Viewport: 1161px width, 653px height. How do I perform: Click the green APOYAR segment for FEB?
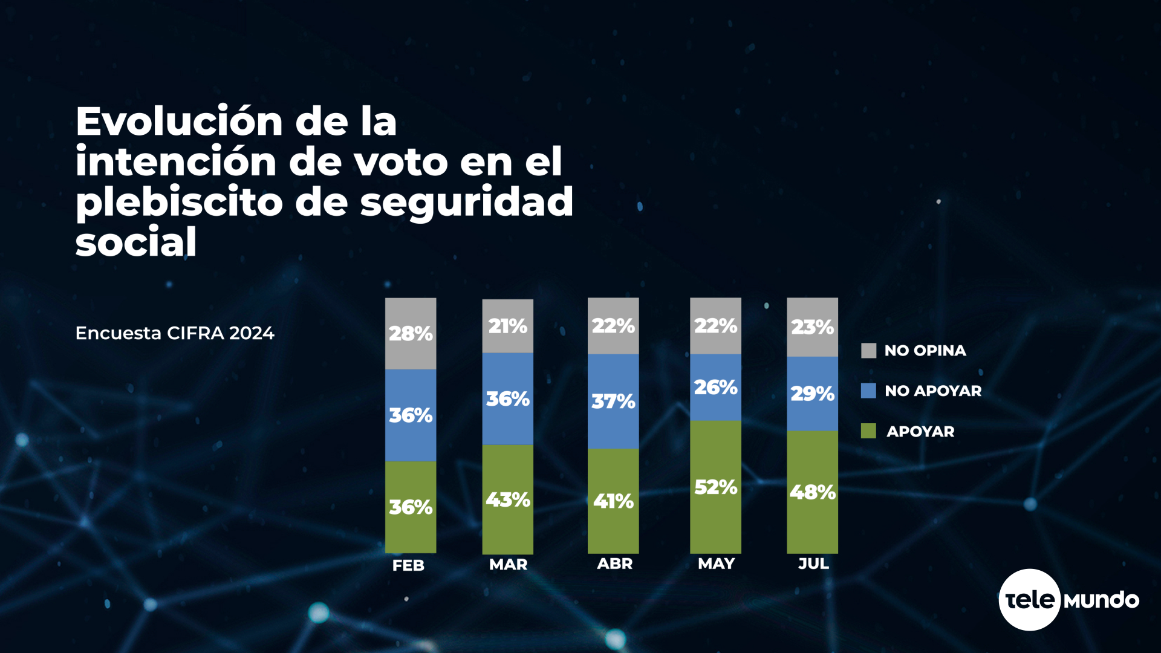(x=411, y=507)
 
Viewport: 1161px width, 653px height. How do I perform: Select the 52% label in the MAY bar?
(x=715, y=487)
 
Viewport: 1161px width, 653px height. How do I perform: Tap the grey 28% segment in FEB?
(x=411, y=333)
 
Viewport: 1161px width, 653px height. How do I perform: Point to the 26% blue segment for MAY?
(x=715, y=387)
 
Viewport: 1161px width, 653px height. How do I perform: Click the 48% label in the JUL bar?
(x=812, y=492)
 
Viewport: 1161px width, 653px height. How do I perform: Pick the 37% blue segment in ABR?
(x=613, y=401)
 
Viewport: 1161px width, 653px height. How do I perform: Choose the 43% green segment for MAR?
(x=507, y=499)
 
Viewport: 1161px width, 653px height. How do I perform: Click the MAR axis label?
(x=508, y=564)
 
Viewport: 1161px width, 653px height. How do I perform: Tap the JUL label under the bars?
(x=813, y=564)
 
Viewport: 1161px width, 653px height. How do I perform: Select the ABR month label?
(x=614, y=564)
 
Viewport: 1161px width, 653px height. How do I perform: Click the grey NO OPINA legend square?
(x=868, y=351)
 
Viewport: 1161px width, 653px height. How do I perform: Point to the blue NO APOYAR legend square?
(x=868, y=391)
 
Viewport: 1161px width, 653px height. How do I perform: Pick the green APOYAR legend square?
(x=868, y=431)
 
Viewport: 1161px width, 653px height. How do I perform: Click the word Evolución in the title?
(x=179, y=121)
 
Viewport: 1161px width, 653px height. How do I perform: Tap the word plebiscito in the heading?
(x=179, y=202)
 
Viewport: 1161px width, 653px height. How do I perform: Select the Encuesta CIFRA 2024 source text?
(x=175, y=333)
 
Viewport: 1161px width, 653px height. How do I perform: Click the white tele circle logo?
(x=1029, y=600)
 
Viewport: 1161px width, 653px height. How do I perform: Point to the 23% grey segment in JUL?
(x=812, y=327)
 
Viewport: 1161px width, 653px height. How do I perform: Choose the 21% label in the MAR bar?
(x=507, y=326)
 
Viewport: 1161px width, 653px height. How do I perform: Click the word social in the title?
(x=136, y=242)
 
